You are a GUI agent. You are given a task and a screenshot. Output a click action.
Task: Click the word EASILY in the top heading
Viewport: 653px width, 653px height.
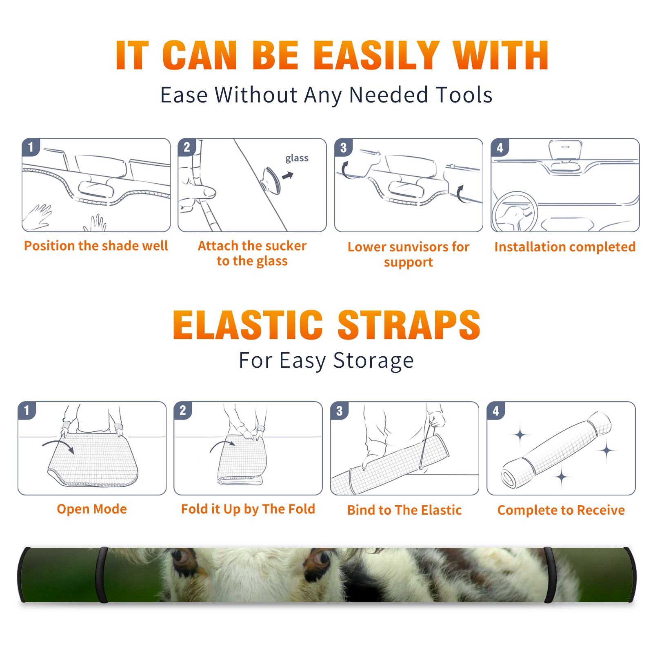click(x=376, y=56)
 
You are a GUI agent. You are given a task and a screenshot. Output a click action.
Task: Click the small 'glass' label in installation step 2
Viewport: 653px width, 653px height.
click(x=297, y=158)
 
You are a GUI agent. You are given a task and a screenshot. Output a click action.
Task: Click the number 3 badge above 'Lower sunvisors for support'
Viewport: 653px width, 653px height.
click(x=344, y=147)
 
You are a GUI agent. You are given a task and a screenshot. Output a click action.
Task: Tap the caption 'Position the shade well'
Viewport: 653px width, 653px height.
click(x=96, y=246)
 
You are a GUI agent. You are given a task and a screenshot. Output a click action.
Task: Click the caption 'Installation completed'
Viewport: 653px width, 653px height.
click(x=565, y=247)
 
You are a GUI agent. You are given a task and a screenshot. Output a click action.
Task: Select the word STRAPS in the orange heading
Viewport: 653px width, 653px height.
click(x=409, y=325)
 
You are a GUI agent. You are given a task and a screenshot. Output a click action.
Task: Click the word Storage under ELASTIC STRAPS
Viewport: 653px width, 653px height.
click(x=373, y=361)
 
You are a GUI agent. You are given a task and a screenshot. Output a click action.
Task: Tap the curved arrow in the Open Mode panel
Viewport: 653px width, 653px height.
click(x=58, y=446)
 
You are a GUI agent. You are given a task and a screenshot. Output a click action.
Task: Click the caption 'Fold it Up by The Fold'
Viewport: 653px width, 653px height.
click(x=248, y=509)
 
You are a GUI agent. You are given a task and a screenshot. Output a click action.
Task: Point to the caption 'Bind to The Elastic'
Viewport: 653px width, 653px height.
click(x=404, y=510)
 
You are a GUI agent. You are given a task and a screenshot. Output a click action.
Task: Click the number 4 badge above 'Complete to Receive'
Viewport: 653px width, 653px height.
click(x=496, y=411)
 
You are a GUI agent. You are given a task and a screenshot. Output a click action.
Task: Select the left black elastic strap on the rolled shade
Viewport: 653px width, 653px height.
click(x=102, y=575)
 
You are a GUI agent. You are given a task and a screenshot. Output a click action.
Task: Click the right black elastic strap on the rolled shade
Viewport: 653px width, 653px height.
click(x=550, y=575)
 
